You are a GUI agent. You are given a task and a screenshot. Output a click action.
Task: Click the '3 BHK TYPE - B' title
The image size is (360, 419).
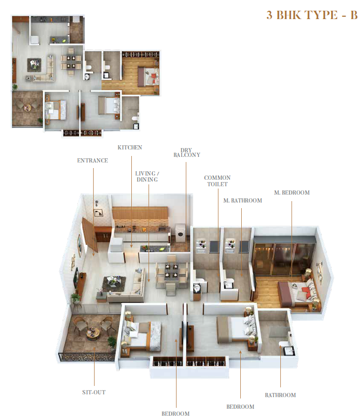pyautogui.click(x=312, y=15)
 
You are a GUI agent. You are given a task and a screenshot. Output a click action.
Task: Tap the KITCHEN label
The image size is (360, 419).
pyautogui.click(x=130, y=148)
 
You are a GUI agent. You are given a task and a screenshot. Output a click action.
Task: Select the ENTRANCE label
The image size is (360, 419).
pyautogui.click(x=93, y=161)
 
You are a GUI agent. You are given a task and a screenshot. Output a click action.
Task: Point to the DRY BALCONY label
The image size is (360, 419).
pyautogui.click(x=187, y=153)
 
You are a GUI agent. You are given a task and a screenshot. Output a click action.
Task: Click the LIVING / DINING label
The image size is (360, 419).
pyautogui.click(x=147, y=176)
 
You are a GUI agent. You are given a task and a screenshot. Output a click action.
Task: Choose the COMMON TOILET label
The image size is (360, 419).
pyautogui.click(x=217, y=181)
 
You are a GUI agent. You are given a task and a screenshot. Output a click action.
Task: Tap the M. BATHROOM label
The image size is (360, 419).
pyautogui.click(x=243, y=200)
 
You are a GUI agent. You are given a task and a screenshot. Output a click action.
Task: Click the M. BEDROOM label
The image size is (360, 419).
pyautogui.click(x=292, y=193)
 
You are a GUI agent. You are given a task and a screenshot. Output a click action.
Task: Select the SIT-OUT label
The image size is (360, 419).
pyautogui.click(x=94, y=392)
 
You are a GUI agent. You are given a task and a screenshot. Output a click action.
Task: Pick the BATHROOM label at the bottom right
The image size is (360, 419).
pyautogui.click(x=280, y=395)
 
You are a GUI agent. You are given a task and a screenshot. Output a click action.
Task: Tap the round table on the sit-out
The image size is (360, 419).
pyautogui.click(x=93, y=333)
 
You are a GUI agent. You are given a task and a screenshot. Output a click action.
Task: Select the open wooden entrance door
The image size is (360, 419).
pyautogui.click(x=89, y=235)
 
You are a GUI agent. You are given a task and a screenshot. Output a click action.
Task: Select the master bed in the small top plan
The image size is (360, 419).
pyautogui.click(x=148, y=76)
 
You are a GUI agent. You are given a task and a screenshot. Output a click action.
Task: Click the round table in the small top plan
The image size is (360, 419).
pyautogui.click(x=27, y=108)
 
